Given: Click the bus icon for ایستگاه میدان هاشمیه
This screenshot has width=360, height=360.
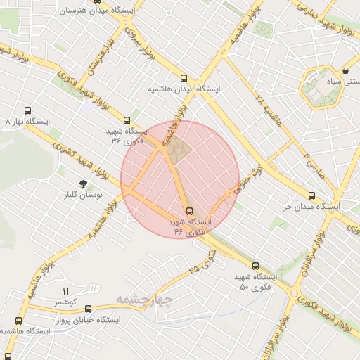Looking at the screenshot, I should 184,79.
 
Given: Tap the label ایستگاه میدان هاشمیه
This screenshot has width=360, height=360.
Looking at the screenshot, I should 184,90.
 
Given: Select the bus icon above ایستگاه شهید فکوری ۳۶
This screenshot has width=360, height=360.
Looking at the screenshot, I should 127,120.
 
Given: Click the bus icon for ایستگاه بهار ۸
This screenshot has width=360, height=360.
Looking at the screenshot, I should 28,110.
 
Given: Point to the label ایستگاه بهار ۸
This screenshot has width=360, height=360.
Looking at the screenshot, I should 28,122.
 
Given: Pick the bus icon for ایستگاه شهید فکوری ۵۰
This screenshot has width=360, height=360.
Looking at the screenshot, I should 255,266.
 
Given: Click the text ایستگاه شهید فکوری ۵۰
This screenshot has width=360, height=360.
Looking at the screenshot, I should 255,283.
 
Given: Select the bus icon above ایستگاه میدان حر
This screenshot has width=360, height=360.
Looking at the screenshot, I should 312,196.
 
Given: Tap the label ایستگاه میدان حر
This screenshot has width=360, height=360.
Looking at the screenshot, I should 311,207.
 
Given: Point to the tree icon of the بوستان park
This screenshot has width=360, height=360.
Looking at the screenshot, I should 84,184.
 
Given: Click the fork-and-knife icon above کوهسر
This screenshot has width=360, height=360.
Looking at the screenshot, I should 66,290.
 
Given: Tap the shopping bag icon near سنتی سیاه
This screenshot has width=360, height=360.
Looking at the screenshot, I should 347,71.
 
